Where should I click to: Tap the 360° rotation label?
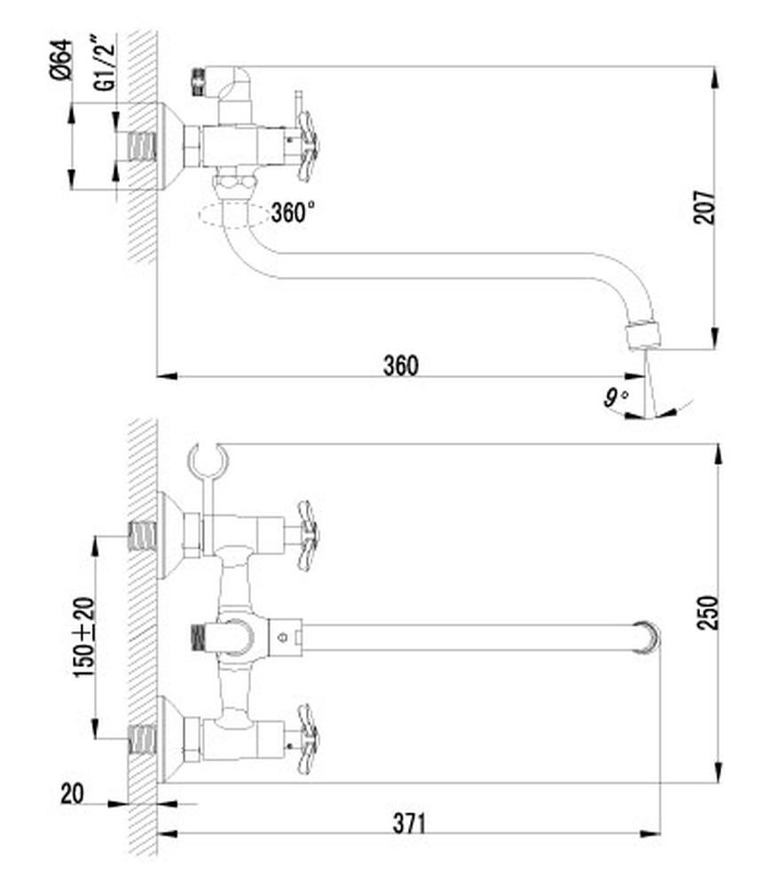coord(293,213)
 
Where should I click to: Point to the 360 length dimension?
coord(401,365)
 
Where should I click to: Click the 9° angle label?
coord(615,397)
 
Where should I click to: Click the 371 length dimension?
coord(409,823)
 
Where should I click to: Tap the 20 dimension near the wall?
coord(72,792)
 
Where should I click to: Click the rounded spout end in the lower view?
coord(649,636)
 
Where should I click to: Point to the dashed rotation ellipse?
coord(233,216)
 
